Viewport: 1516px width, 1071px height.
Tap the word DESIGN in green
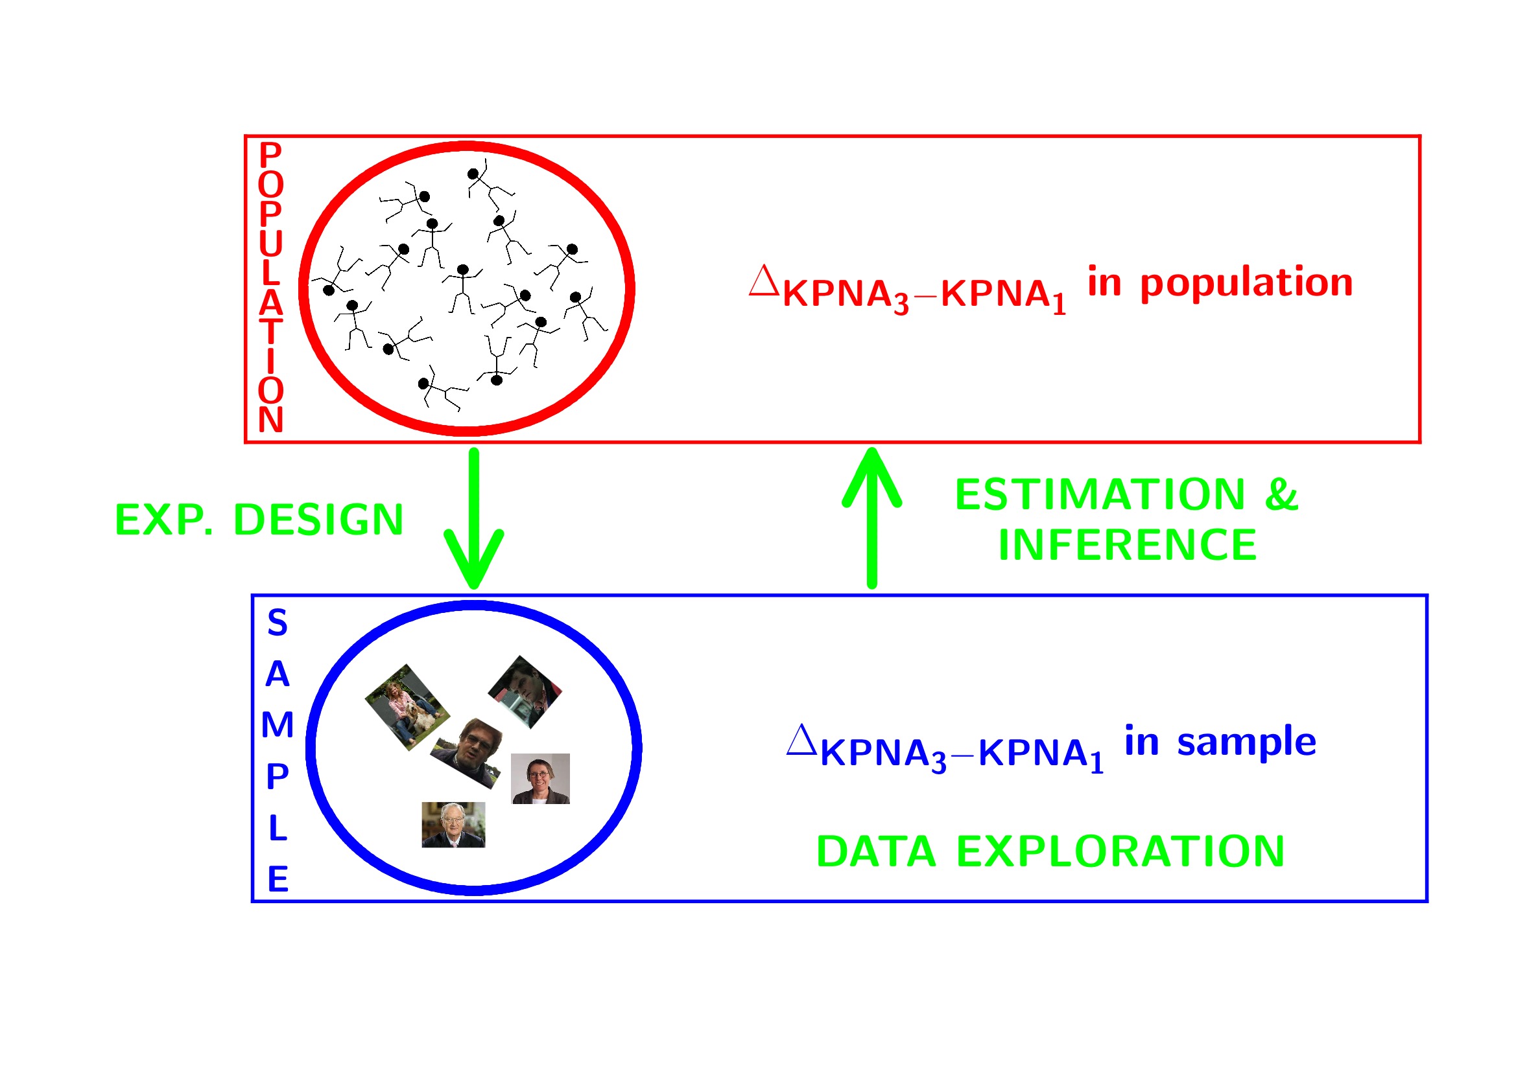(x=318, y=520)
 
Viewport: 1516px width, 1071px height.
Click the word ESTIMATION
(x=1099, y=494)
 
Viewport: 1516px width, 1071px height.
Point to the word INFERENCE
(x=1127, y=545)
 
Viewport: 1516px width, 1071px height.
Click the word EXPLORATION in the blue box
(x=1120, y=851)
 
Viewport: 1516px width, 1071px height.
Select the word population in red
(x=1247, y=283)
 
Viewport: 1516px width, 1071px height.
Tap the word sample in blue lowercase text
(x=1246, y=742)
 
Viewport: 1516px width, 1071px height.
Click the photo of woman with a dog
(x=407, y=707)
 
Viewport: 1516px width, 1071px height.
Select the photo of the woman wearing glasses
(x=540, y=779)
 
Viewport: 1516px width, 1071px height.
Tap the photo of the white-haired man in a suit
(x=453, y=825)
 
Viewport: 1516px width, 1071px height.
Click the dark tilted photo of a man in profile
(x=525, y=691)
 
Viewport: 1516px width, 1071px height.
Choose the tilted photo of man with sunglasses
(x=468, y=752)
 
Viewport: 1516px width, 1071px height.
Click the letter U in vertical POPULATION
(x=271, y=244)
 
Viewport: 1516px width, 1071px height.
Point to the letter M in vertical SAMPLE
(x=278, y=724)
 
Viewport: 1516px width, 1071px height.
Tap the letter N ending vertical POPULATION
(x=271, y=420)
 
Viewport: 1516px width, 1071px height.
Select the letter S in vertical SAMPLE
(x=278, y=623)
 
